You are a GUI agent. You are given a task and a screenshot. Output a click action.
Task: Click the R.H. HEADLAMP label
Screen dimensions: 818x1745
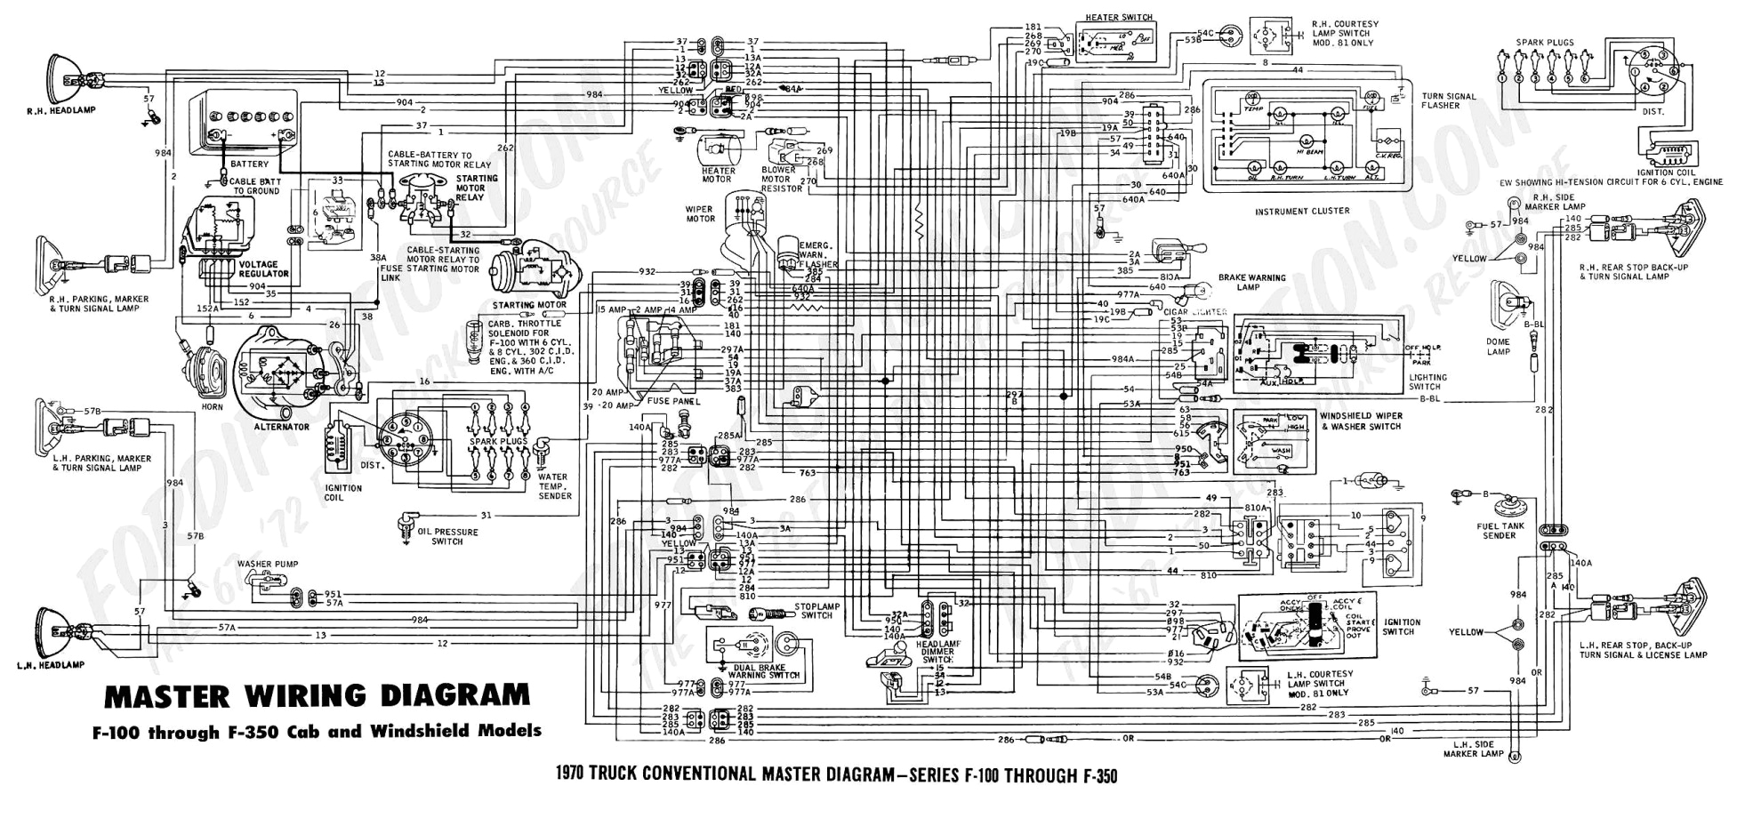(60, 111)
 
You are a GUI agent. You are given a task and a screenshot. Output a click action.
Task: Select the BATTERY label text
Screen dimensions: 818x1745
(249, 164)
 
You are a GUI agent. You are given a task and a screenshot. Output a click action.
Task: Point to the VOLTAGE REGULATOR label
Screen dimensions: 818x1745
(258, 269)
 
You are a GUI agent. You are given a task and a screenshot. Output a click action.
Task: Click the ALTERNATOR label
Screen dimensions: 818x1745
(282, 428)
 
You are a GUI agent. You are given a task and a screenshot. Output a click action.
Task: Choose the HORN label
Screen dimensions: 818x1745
(212, 406)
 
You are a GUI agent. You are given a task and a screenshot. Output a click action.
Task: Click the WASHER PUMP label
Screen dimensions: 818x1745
(268, 565)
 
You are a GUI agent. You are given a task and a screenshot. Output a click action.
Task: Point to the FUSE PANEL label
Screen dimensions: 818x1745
(674, 402)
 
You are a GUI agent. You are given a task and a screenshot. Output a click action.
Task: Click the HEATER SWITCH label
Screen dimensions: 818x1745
(1118, 18)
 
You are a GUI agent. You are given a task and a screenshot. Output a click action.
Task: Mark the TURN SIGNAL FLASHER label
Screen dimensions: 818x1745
(1448, 100)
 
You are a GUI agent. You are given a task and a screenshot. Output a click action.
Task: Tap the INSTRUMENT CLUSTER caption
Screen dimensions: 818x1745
(1302, 212)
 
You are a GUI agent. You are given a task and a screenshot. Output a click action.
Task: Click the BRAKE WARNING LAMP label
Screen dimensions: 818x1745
(1251, 283)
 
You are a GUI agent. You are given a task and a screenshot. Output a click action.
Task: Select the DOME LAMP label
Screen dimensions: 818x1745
(1499, 347)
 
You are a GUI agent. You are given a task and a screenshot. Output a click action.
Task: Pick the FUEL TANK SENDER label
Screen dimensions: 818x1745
(1500, 531)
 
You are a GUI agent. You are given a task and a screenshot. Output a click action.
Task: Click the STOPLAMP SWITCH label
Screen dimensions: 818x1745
(816, 611)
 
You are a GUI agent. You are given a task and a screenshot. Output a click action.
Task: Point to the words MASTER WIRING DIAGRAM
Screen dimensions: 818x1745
(317, 695)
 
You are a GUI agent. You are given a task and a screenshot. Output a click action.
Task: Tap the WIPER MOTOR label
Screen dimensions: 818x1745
(700, 214)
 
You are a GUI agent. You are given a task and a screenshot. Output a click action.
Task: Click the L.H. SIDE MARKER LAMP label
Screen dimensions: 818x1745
(1473, 750)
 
